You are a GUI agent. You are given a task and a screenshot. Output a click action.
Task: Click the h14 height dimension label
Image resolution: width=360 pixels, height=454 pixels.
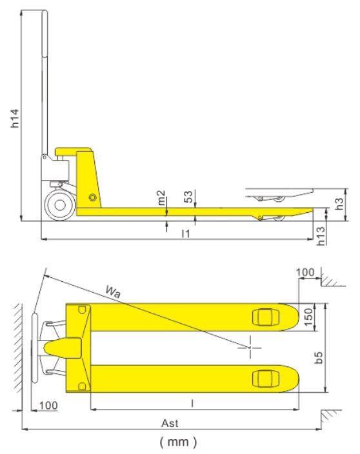coord(14,118)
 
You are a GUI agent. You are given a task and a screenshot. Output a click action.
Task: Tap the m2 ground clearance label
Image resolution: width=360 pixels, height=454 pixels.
coord(161,197)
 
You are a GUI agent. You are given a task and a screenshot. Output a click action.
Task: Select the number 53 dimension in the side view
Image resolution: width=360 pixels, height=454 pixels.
coord(188,197)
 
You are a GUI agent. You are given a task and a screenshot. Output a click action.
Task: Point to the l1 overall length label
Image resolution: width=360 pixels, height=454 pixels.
coord(186,233)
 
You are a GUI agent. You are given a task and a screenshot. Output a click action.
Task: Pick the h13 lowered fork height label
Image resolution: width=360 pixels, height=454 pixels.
coord(321,236)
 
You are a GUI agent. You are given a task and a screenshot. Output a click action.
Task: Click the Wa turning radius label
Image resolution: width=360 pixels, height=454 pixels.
coord(113,291)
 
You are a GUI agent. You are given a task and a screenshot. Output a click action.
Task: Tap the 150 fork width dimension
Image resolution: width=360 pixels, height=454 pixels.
coord(308,317)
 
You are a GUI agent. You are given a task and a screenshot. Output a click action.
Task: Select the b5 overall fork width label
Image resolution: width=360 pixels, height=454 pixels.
coord(319,357)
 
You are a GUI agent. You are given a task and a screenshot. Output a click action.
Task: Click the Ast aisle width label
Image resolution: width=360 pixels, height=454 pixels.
coord(170,423)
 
